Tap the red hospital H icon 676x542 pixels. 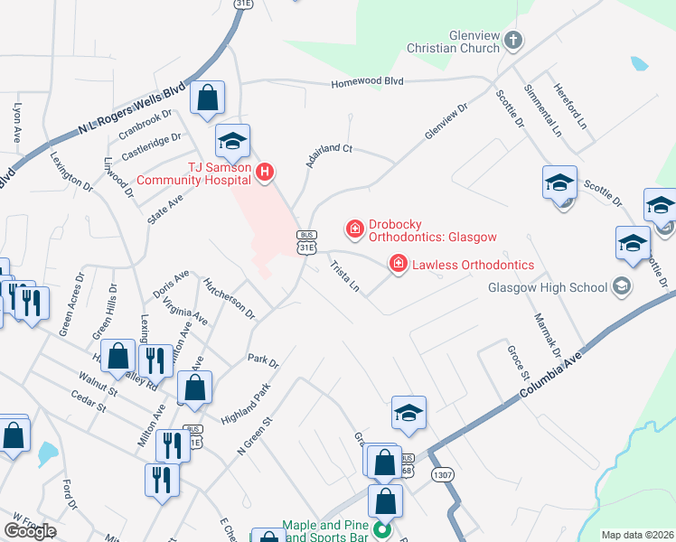(265, 172)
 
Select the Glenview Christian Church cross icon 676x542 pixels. (513, 40)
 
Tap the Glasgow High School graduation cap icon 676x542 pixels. (621, 287)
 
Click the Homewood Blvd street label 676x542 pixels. (369, 82)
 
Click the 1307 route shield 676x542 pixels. (442, 476)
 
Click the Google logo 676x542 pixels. (30, 531)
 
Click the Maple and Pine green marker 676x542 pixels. (381, 531)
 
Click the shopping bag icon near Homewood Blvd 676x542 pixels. (208, 101)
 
